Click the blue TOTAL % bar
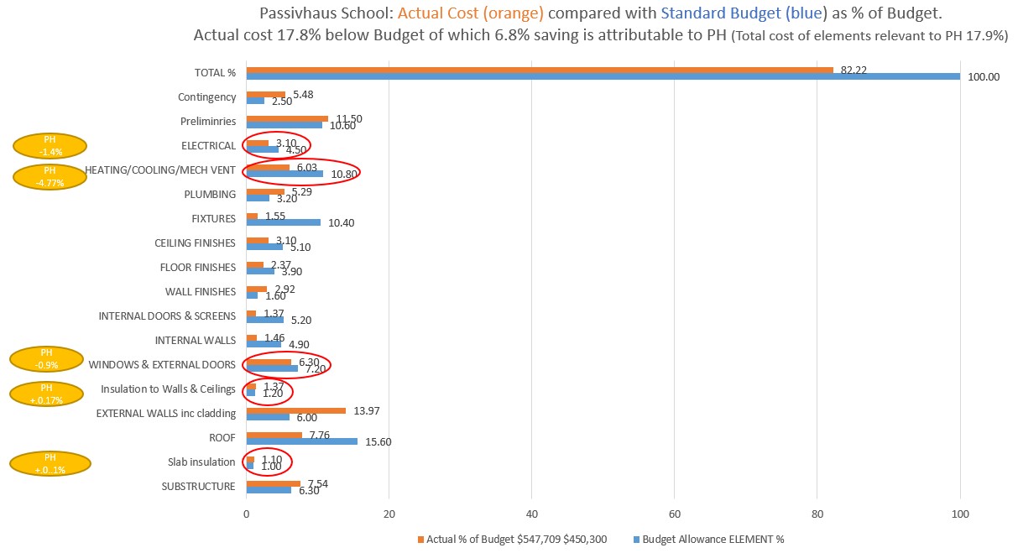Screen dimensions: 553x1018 click(603, 76)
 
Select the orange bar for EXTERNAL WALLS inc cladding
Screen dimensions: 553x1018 click(295, 410)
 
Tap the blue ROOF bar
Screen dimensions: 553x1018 click(301, 441)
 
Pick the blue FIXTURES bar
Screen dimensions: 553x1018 click(283, 222)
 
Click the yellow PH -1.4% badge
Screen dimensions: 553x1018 click(50, 145)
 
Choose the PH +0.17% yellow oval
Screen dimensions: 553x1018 click(46, 394)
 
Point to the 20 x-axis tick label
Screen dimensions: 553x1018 click(389, 514)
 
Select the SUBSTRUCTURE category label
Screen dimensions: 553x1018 click(199, 486)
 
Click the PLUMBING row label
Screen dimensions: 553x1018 click(210, 194)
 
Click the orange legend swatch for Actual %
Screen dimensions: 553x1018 click(420, 539)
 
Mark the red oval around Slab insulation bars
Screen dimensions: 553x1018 click(268, 462)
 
